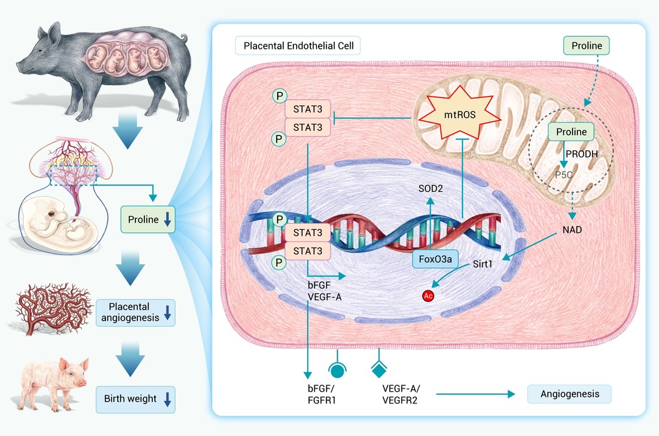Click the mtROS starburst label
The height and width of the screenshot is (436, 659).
460,114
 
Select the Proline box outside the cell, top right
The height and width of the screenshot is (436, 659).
586,46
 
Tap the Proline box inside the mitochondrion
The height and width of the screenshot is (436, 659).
571,131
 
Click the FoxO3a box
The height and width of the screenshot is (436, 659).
435,259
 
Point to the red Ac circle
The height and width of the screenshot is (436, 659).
428,295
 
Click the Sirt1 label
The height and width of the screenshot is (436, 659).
483,264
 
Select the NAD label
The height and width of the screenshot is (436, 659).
572,230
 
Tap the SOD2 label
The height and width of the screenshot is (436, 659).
431,189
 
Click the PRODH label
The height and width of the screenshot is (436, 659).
582,154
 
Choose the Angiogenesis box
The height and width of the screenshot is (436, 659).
569,394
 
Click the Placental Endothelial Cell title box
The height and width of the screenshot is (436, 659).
298,46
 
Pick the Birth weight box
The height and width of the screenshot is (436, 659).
136,399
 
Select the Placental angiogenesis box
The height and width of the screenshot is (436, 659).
136,312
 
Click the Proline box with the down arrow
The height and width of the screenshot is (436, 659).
148,219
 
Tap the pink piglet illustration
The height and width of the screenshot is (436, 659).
55,383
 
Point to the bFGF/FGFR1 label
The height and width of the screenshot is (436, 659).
321,394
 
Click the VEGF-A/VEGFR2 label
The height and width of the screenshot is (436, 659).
401,394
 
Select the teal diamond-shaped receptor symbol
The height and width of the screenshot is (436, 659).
379,368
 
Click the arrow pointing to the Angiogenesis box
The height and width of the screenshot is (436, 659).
476,394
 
